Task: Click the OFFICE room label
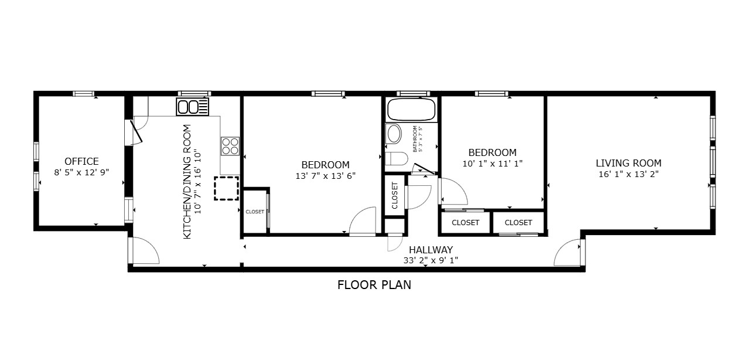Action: tap(81, 161)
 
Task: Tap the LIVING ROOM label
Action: tap(628, 163)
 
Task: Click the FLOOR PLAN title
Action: tap(374, 286)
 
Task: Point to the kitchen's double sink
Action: tap(193, 107)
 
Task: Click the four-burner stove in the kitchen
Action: tap(230, 145)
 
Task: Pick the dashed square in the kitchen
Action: tap(226, 188)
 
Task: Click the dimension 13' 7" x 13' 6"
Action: tap(325, 175)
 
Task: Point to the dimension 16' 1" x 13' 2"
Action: tap(628, 174)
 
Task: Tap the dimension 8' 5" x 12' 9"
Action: tap(81, 172)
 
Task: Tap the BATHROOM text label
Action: tap(415, 139)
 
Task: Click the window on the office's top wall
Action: tap(84, 94)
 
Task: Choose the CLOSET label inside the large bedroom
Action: tap(255, 212)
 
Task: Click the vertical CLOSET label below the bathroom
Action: tap(394, 195)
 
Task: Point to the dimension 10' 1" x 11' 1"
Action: tap(492, 164)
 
